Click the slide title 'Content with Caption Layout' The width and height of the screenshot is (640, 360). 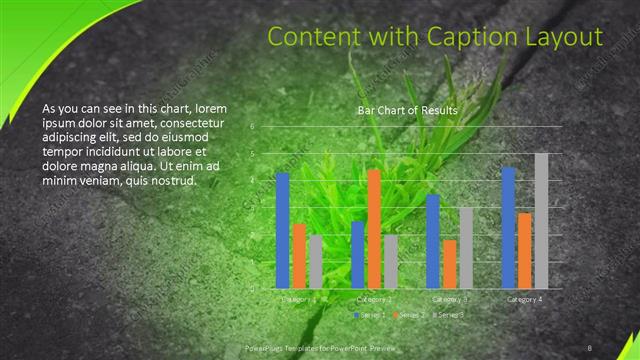tap(436, 38)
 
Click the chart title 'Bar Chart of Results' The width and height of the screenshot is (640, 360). tap(408, 111)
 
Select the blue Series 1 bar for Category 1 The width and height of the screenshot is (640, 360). tap(282, 230)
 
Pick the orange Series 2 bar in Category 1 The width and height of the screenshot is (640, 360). tap(299, 255)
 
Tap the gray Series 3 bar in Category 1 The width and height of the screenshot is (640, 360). tap(316, 261)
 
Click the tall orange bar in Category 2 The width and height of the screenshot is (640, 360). tap(374, 228)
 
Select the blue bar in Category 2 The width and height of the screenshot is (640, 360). tap(358, 254)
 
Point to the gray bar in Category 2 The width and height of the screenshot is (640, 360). tap(391, 261)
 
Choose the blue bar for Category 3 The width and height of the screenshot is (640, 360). tap(433, 240)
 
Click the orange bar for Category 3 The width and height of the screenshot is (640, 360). tap(450, 263)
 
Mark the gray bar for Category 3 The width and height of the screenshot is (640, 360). tap(466, 247)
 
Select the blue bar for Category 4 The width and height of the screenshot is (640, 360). tap(508, 227)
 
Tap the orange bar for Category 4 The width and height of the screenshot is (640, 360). tap(525, 250)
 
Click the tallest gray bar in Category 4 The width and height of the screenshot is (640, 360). tap(541, 220)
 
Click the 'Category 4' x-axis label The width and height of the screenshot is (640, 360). tap(525, 299)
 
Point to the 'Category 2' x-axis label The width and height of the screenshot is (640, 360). tap(373, 299)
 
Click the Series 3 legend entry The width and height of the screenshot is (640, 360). tap(449, 315)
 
